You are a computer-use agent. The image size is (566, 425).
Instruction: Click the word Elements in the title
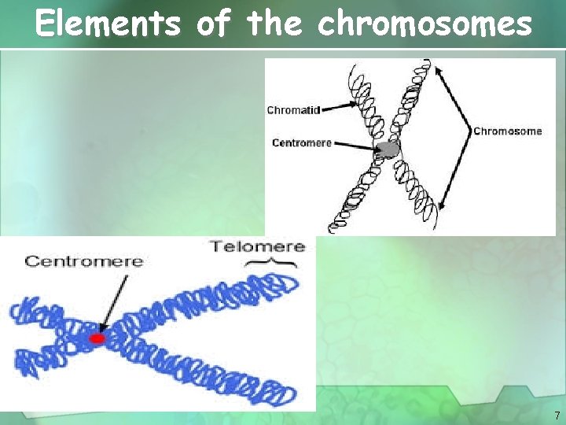click(x=108, y=24)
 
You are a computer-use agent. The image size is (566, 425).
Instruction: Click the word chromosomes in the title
click(x=424, y=24)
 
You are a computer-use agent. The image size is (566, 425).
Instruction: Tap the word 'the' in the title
click(x=274, y=24)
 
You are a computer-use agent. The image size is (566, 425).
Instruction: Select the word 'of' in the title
click(x=213, y=24)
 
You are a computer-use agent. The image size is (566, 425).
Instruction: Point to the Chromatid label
click(x=293, y=110)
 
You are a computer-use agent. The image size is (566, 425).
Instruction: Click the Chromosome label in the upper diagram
click(x=508, y=131)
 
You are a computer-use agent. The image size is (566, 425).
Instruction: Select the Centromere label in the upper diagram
click(x=302, y=142)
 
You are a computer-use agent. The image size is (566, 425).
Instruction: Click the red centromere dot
click(x=97, y=338)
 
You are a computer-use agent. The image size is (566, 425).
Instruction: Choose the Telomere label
click(x=257, y=246)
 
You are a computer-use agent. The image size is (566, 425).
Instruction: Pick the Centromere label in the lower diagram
click(x=84, y=261)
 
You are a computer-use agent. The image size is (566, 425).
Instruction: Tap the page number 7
click(x=557, y=415)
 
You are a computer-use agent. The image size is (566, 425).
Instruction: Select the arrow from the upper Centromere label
click(x=355, y=144)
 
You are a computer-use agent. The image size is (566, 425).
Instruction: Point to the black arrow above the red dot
click(x=112, y=299)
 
